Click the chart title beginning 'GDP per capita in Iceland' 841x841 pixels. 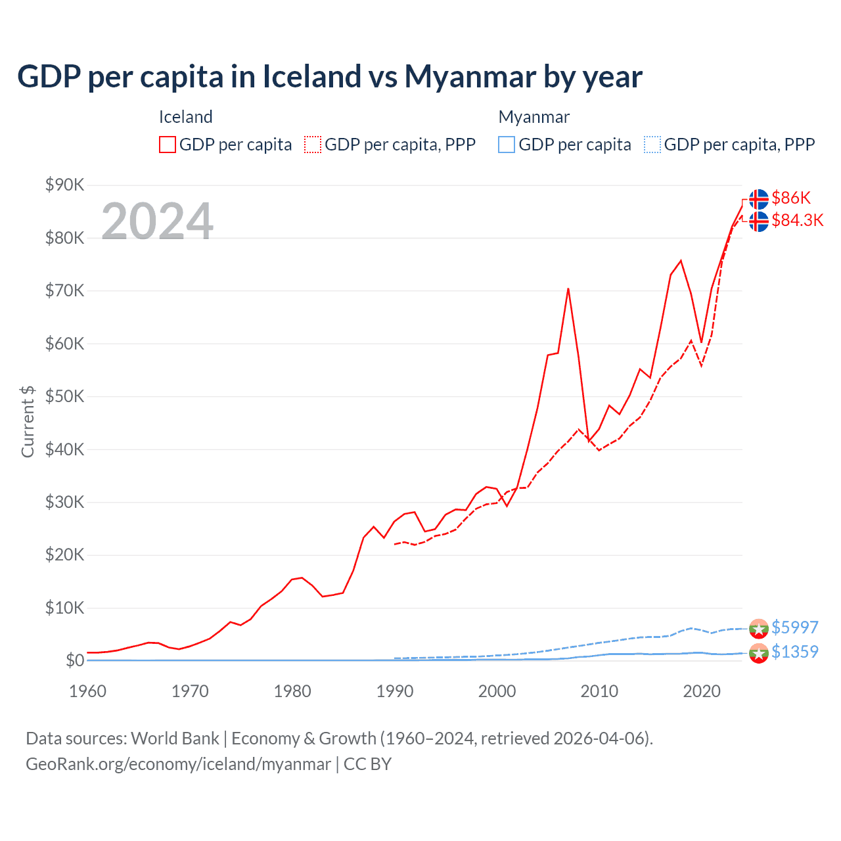[329, 77]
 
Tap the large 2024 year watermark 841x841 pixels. [157, 221]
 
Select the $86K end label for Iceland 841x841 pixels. [791, 198]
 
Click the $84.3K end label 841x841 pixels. [797, 220]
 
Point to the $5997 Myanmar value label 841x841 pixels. [794, 627]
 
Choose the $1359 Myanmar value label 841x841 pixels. [794, 652]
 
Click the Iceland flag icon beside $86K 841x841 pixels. [759, 198]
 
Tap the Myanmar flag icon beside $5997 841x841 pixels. [759, 629]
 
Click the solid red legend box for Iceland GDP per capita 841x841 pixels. [168, 145]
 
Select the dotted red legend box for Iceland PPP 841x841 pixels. [313, 145]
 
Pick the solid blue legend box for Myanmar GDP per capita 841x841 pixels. [507, 145]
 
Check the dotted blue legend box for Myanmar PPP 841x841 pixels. [652, 145]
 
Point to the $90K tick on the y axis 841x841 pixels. [64, 185]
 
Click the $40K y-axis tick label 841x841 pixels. [64, 450]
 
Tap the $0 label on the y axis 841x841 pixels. [75, 661]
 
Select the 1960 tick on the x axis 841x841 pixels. [87, 691]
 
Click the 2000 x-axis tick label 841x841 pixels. [497, 691]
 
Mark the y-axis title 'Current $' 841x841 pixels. [28, 422]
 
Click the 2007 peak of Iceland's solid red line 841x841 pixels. [568, 289]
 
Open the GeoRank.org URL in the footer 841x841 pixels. [178, 764]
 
